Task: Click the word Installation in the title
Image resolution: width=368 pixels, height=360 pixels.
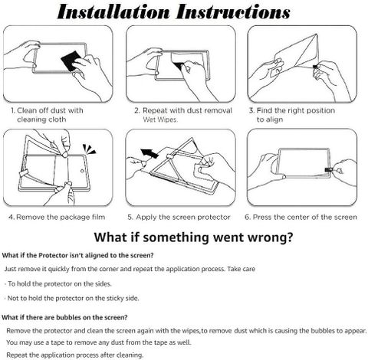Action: (113, 12)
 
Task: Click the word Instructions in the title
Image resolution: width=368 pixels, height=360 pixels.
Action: (233, 12)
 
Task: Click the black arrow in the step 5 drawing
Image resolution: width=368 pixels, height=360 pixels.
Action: (149, 153)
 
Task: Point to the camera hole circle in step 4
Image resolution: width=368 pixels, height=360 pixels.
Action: (83, 171)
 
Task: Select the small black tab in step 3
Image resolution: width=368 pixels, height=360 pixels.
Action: (317, 67)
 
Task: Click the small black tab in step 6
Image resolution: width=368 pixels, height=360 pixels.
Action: (328, 170)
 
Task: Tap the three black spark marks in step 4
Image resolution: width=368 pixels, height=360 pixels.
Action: (89, 149)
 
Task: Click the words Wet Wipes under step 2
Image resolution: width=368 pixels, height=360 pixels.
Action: (160, 119)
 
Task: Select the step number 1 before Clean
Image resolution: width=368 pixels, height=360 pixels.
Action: (13, 110)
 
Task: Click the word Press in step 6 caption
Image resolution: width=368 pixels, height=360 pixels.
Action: (262, 217)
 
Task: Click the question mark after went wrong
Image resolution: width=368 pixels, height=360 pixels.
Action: (289, 237)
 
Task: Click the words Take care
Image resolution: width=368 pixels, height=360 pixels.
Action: (242, 269)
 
